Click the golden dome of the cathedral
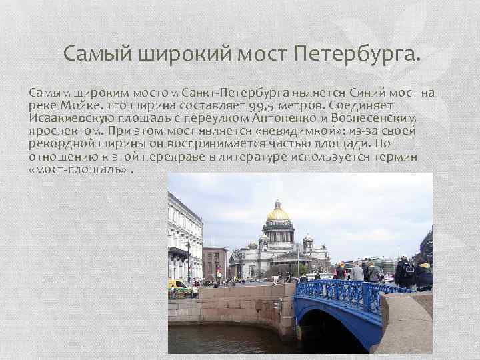tap(278, 213)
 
